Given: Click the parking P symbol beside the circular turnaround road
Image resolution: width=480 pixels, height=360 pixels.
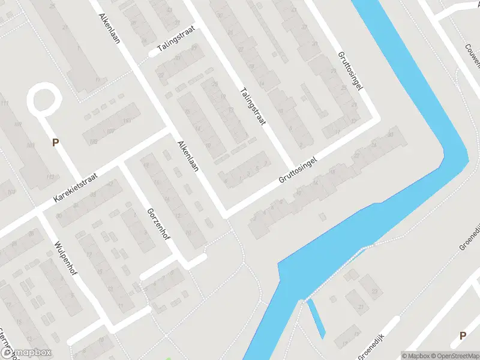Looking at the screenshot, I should (56, 142).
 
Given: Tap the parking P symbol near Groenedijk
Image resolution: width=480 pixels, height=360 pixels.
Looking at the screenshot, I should (463, 336).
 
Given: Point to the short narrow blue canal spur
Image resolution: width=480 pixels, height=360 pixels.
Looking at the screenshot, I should (317, 318).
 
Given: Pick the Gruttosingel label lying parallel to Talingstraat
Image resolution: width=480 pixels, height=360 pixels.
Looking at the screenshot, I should (350, 73).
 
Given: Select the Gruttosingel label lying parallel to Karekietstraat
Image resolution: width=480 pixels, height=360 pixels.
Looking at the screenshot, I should (296, 170).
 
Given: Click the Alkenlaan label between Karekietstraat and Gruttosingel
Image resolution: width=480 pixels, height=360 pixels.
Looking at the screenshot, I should (188, 159).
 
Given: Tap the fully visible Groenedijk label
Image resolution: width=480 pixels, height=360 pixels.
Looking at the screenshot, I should (380, 335).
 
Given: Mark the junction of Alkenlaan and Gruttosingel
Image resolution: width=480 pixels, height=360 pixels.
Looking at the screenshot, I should (225, 214).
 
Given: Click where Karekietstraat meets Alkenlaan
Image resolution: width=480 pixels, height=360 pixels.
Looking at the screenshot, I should (170, 129).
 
